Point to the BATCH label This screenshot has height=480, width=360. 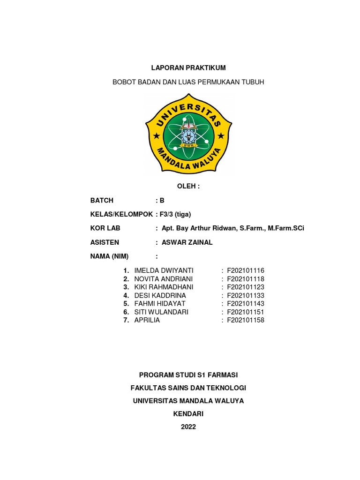[102, 200]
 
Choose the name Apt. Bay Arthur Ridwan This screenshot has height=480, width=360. [196, 228]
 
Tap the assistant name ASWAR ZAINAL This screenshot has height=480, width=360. [187, 242]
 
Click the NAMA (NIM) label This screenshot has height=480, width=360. [109, 256]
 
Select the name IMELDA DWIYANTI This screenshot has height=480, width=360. [164, 270]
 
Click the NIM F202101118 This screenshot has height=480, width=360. [246, 279]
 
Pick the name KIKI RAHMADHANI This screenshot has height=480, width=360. [164, 287]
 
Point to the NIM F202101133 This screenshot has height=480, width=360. [246, 295]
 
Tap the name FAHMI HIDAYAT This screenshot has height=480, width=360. [160, 303]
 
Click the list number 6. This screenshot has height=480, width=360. [126, 312]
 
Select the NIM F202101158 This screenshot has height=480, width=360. [246, 320]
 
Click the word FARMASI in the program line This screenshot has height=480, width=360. [222, 375]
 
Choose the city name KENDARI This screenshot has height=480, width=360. [188, 414]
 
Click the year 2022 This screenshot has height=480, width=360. [188, 427]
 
